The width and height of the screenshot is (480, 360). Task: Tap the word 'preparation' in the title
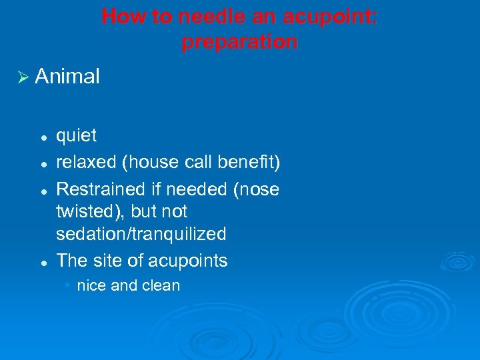pos(239,42)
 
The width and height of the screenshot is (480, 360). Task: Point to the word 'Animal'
pos(67,77)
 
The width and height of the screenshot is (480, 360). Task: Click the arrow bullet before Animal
pos(22,77)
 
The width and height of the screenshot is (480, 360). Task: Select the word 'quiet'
pos(76,136)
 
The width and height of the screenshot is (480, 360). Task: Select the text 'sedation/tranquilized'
pos(141,235)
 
